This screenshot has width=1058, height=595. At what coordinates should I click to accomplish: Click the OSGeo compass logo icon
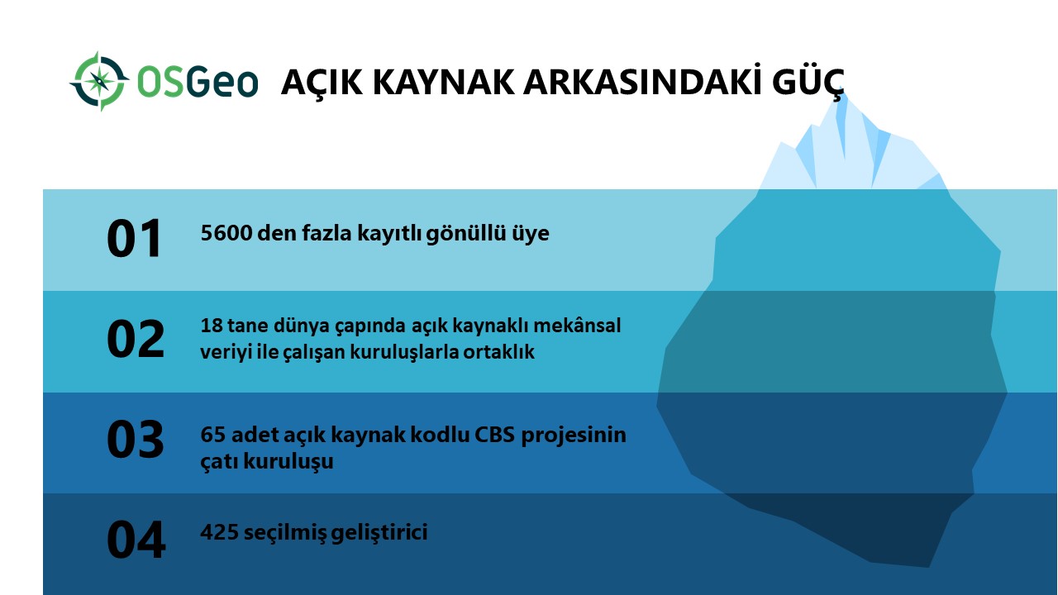click(x=99, y=81)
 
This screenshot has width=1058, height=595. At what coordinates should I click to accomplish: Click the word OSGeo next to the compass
click(x=198, y=82)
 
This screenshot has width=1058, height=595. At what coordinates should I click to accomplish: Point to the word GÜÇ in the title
click(x=808, y=82)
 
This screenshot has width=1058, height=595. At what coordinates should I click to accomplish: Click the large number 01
click(x=135, y=239)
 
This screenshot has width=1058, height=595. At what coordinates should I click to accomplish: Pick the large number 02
click(x=136, y=339)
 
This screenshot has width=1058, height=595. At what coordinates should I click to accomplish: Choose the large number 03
click(x=136, y=440)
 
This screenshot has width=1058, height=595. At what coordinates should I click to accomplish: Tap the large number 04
click(x=136, y=540)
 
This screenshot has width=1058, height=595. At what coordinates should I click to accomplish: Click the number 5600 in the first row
click(x=226, y=233)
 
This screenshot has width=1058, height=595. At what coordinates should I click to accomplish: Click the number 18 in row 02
click(x=212, y=326)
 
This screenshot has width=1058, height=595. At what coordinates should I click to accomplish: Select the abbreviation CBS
click(x=494, y=435)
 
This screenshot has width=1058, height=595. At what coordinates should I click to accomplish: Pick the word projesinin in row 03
click(x=574, y=436)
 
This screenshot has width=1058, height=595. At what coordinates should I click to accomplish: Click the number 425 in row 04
click(x=219, y=532)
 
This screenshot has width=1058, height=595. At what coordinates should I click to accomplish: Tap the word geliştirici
click(x=379, y=533)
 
